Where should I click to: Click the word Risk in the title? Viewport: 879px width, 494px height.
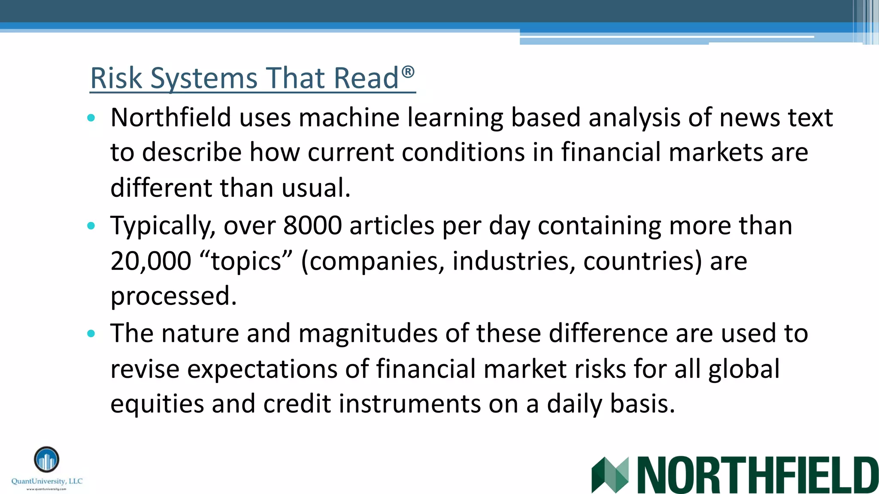[116, 78]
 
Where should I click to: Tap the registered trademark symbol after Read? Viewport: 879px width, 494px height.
[408, 72]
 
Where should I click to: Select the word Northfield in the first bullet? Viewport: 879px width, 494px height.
[171, 117]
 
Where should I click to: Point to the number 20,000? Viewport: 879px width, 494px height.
[151, 261]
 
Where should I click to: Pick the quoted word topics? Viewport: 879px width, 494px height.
[246, 261]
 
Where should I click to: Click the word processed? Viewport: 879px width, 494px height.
[173, 297]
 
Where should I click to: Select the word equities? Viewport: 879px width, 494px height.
[157, 404]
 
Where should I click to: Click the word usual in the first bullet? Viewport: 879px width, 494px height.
[315, 188]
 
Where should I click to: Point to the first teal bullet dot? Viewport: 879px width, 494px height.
[91, 118]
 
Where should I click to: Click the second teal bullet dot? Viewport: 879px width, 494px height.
[91, 226]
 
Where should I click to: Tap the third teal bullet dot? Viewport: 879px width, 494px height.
[91, 334]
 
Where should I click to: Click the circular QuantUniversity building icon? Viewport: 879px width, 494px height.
[46, 460]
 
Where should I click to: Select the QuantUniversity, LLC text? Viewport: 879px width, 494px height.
[47, 481]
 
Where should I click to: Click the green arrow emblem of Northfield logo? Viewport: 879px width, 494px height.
[609, 475]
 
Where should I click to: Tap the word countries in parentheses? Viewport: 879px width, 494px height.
[642, 261]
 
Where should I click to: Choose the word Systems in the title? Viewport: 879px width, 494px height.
[204, 78]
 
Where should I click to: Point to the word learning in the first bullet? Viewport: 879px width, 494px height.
[455, 117]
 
